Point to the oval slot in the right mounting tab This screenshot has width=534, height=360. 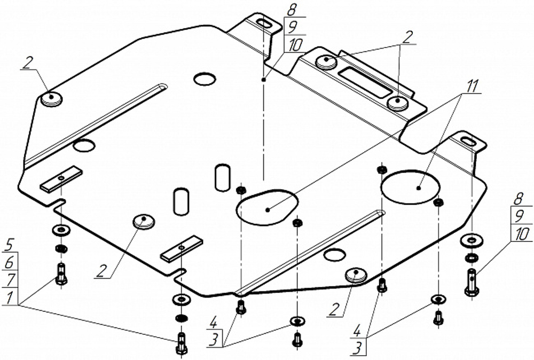466,142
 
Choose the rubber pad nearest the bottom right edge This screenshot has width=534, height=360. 356,275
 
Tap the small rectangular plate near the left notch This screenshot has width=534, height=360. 61,179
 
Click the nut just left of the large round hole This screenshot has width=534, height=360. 382,170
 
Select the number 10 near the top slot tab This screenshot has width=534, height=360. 293,46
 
